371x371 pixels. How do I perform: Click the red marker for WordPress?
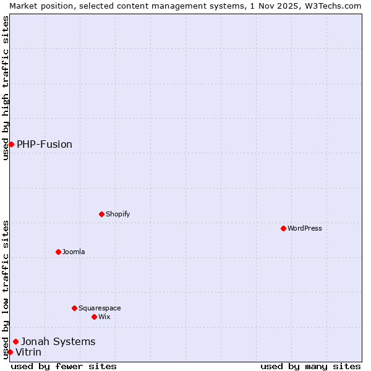(x=283, y=228)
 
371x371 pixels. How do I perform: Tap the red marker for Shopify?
(x=101, y=214)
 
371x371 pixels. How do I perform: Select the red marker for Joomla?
(x=58, y=252)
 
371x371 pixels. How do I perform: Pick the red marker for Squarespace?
(x=74, y=308)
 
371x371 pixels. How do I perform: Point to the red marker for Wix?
(x=94, y=317)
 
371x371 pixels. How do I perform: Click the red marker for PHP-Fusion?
(x=11, y=144)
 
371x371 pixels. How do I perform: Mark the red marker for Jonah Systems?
(x=15, y=341)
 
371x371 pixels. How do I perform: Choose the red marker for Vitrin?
(x=10, y=352)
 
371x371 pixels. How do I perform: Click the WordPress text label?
(x=305, y=228)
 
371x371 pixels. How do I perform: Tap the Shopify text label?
(x=118, y=214)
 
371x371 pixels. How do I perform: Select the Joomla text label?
(x=74, y=252)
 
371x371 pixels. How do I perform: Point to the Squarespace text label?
(x=100, y=308)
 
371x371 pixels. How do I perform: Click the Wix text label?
(x=104, y=317)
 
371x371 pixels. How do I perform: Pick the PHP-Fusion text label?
(x=45, y=144)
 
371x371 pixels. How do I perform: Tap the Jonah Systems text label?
(x=58, y=341)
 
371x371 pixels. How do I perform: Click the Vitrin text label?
(x=28, y=352)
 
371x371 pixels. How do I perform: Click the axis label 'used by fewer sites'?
(x=64, y=366)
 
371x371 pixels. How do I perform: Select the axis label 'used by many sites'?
(x=310, y=366)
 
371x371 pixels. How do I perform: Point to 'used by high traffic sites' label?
(x=6, y=88)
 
